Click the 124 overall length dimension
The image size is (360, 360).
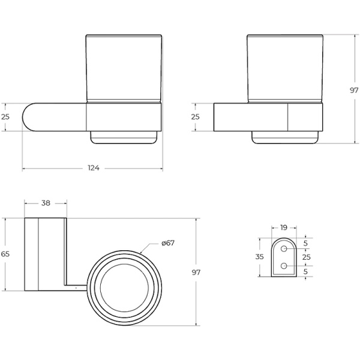click(x=94, y=167)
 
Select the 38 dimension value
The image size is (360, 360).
click(x=45, y=203)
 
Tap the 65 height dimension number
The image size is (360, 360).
click(x=5, y=254)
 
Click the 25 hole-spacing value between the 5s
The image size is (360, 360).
click(x=305, y=257)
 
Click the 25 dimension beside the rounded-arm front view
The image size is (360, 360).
click(x=6, y=116)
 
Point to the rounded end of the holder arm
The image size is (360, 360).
click(x=30, y=116)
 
